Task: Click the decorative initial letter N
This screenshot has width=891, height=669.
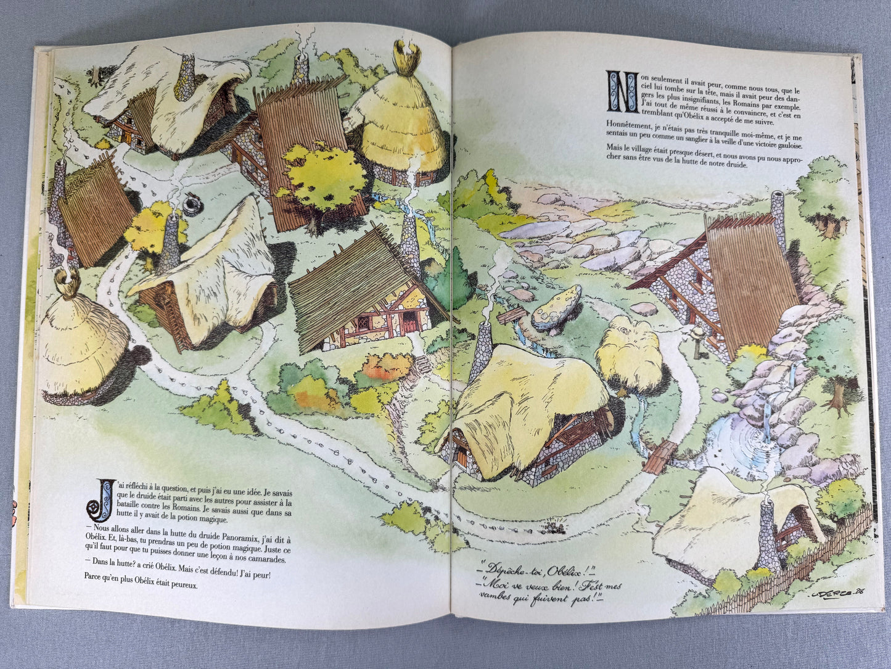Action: point(618,90)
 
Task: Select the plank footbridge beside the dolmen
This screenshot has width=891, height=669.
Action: point(511,315)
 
